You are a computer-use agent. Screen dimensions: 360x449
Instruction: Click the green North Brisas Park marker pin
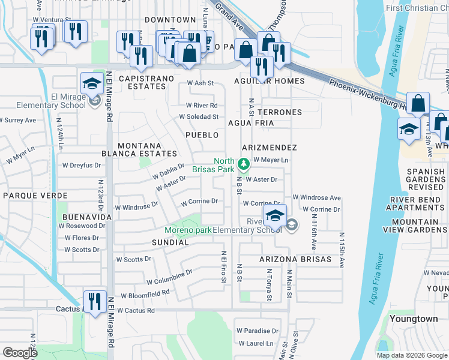coord(243,163)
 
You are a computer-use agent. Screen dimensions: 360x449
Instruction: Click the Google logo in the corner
coord(20,353)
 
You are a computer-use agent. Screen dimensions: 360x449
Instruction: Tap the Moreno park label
coord(188,230)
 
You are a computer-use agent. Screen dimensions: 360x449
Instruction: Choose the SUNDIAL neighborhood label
coord(169,242)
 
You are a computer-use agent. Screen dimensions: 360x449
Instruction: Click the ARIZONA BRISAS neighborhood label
coord(287,259)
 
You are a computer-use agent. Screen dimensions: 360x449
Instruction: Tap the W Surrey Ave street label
coord(18,120)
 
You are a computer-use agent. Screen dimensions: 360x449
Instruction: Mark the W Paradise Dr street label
coord(258,331)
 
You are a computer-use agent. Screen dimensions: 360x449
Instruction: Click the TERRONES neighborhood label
coord(279,112)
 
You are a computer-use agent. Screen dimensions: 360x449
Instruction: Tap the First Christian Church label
coord(421,8)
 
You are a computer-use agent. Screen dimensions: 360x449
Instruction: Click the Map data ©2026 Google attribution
coord(412,355)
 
